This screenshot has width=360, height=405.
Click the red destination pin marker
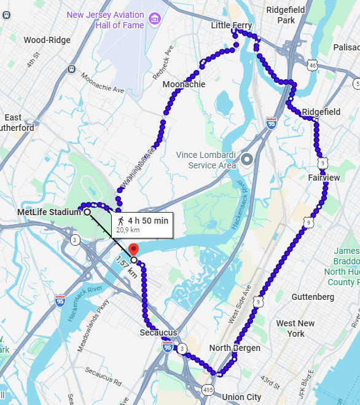click(x=134, y=249)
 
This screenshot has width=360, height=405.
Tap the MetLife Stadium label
click(x=49, y=212)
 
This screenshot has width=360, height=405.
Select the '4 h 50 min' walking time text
click(x=147, y=220)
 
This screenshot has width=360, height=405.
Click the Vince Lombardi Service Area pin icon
click(x=247, y=160)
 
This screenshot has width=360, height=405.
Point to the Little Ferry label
click(x=232, y=25)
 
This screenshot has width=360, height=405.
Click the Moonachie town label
click(x=184, y=84)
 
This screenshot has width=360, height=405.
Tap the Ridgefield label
click(x=321, y=112)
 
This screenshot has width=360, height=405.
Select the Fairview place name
click(x=324, y=178)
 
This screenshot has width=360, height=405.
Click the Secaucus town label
click(x=158, y=332)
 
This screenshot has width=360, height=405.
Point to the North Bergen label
click(x=235, y=348)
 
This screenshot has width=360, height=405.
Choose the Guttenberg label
click(x=313, y=297)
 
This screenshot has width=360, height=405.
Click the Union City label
click(x=241, y=397)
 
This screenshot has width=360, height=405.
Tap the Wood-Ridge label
click(x=47, y=40)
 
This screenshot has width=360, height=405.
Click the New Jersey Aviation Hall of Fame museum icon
click(x=154, y=20)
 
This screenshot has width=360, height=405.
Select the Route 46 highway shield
click(x=313, y=65)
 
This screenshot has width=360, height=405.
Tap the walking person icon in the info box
click(x=120, y=220)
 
